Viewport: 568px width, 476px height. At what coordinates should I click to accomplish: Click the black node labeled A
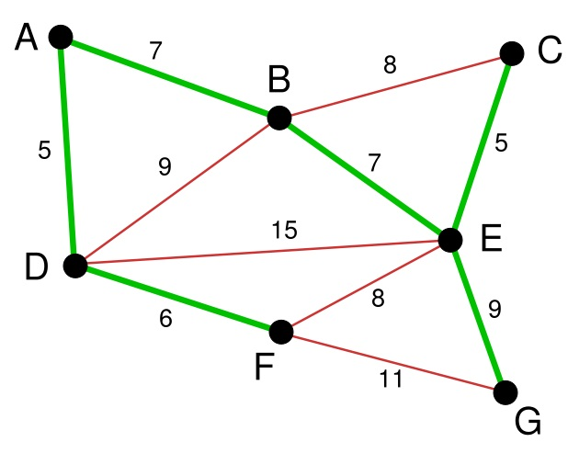(x=61, y=37)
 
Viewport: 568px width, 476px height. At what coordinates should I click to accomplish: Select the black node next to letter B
(x=279, y=119)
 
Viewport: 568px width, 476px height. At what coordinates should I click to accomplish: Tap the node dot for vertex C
(x=512, y=53)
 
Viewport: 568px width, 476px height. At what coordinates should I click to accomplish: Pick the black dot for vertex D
(x=75, y=266)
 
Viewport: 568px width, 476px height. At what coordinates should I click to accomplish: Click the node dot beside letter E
(x=450, y=240)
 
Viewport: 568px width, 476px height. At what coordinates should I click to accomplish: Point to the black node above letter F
(x=281, y=332)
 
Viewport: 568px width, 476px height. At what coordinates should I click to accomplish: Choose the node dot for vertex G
(x=506, y=392)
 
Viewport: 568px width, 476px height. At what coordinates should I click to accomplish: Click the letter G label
(x=528, y=422)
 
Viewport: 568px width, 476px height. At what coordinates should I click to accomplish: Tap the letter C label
(x=550, y=51)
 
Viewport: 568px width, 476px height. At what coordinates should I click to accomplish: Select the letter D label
(x=36, y=266)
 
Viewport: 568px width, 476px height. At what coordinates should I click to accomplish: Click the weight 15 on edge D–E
(x=284, y=230)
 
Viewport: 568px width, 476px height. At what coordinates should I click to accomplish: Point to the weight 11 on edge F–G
(x=391, y=380)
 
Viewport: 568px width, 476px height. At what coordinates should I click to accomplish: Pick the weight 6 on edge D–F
(x=165, y=319)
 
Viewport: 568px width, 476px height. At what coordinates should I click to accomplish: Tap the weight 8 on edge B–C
(x=390, y=65)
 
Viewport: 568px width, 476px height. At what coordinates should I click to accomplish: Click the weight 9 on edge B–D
(x=165, y=167)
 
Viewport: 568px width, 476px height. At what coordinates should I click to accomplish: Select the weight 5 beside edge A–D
(x=44, y=150)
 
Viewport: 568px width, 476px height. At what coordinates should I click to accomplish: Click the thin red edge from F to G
(x=393, y=362)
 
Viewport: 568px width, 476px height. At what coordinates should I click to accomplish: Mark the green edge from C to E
(x=481, y=147)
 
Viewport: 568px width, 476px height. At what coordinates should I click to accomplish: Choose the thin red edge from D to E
(x=263, y=253)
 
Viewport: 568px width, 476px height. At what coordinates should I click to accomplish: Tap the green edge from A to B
(x=170, y=77)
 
